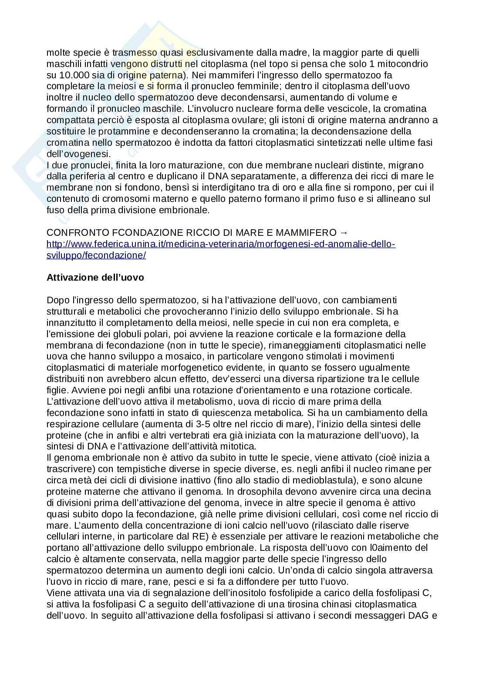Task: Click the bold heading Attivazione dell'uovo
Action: (95, 277)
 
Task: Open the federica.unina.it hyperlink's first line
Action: (221, 244)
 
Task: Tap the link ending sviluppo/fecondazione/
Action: (96, 255)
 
